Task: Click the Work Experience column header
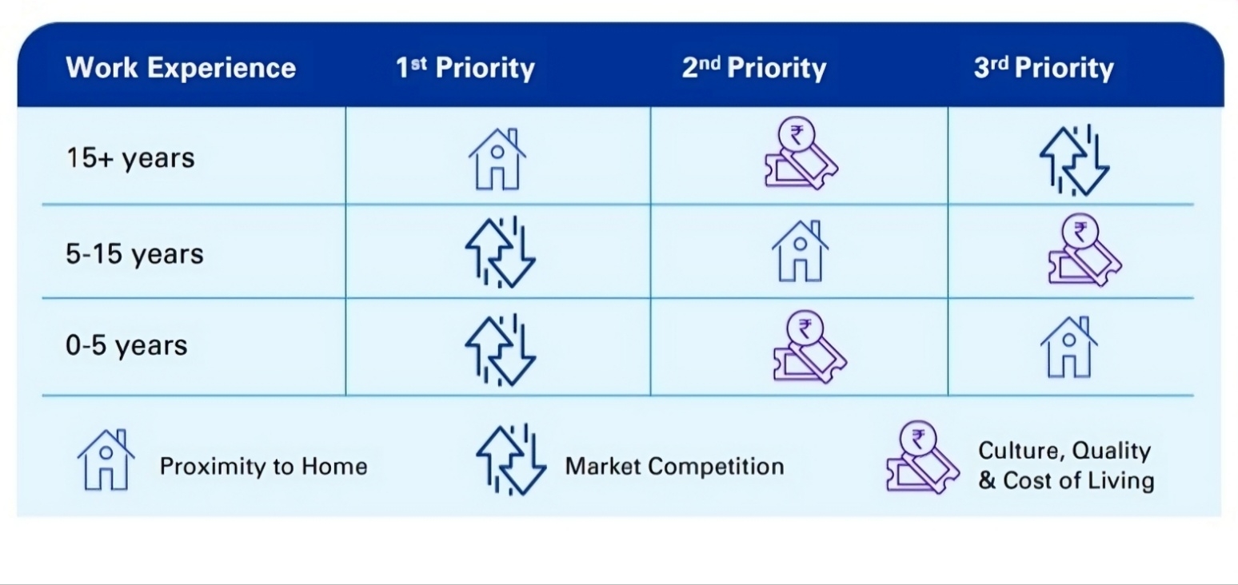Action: click(181, 68)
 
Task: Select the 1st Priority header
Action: click(465, 69)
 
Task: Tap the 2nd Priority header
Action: click(754, 69)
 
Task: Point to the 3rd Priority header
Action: click(1044, 69)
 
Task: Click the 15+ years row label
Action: click(130, 158)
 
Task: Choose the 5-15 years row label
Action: click(134, 254)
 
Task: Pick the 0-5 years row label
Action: click(126, 345)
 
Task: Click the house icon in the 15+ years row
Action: click(497, 159)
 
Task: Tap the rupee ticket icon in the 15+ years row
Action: click(801, 153)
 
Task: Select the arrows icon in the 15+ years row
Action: click(1074, 160)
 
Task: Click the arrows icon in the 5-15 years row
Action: click(500, 252)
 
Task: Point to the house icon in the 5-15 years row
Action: click(800, 252)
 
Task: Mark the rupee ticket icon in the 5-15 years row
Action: click(1085, 250)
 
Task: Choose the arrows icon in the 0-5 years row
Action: click(500, 350)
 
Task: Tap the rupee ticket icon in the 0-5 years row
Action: click(809, 347)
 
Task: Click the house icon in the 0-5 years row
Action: click(1069, 347)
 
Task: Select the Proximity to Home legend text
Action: click(264, 467)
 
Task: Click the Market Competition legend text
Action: click(674, 467)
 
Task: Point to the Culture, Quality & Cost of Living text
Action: click(1066, 466)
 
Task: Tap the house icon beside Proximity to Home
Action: click(106, 460)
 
